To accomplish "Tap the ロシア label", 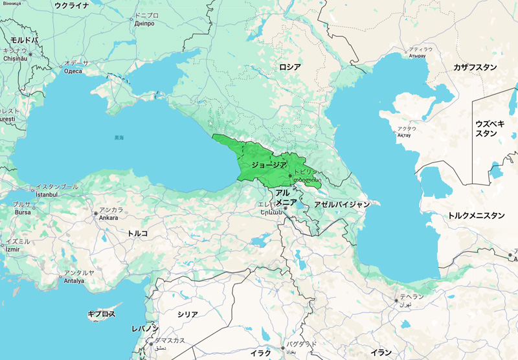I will coord(290,67).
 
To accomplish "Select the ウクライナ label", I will coord(71,5).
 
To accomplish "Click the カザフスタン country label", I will coord(475,67).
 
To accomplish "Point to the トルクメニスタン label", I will coord(476,216).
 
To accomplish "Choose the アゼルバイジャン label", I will coord(341,204).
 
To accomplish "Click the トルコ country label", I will coord(137,232).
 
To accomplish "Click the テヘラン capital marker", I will coord(396,300).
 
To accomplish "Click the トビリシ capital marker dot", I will coord(290,175).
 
